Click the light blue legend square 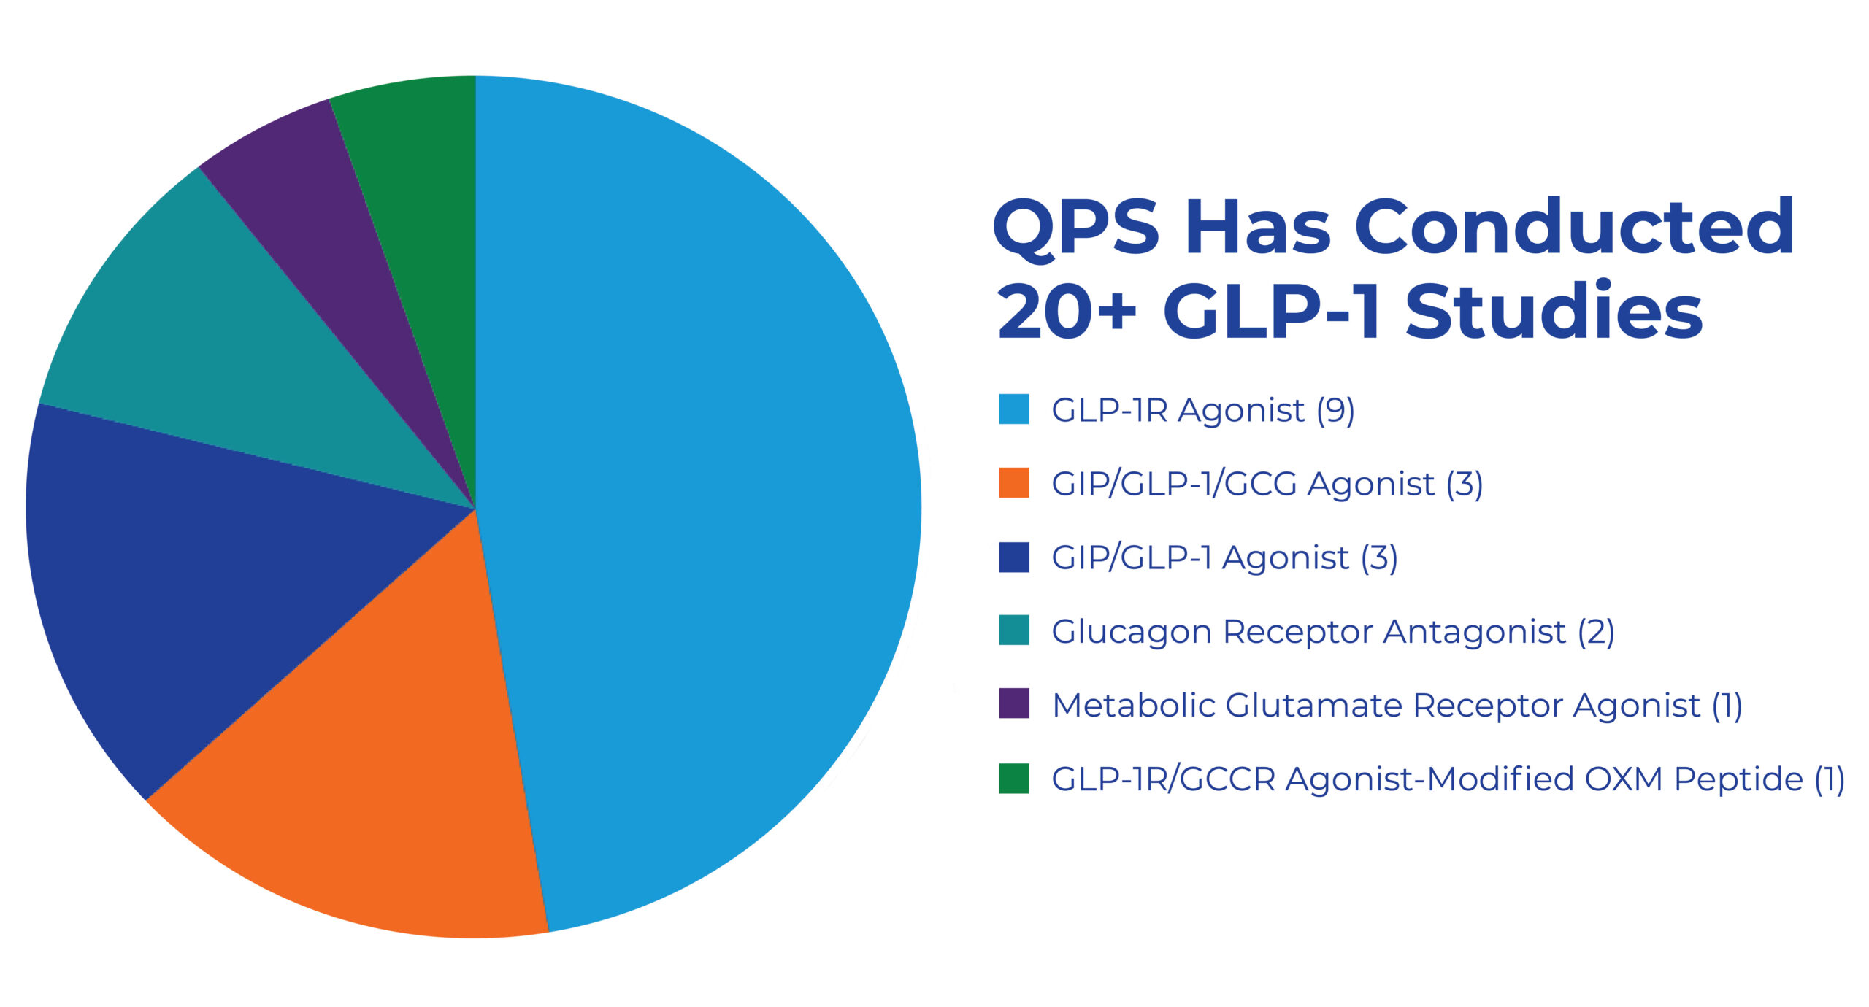click(x=1014, y=409)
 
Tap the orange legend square click(x=1014, y=482)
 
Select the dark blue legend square click(x=1014, y=557)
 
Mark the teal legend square click(x=1014, y=630)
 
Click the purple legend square click(x=1014, y=703)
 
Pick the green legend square click(x=1014, y=778)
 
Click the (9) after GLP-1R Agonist click(x=1335, y=410)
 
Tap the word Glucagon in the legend click(x=1132, y=632)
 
